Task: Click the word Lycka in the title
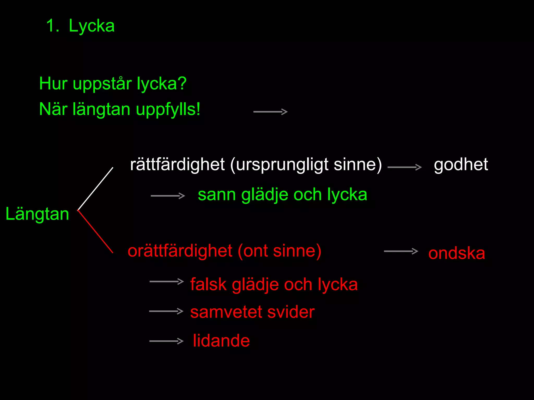92,26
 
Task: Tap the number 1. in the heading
52,26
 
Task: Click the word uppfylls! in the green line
168,109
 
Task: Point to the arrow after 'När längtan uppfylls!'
270,112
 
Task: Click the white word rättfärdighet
177,165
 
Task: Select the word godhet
461,165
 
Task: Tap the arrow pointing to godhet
404,167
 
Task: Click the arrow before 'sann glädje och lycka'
168,196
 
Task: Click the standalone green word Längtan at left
37,214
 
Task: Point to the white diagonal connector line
96,189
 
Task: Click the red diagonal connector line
96,232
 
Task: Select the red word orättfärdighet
180,251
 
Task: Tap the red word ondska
457,253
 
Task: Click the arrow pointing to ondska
401,251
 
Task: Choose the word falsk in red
208,284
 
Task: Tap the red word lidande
221,341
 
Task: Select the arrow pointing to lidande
166,341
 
